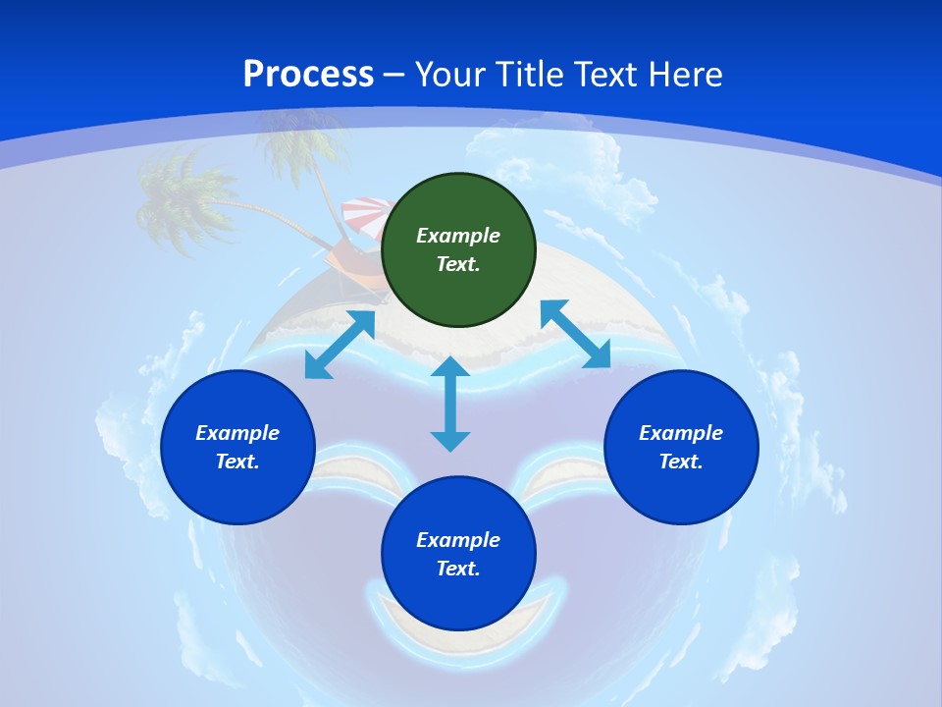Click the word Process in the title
click(308, 75)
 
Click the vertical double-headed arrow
click(450, 404)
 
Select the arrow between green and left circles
click(340, 345)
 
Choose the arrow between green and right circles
click(575, 334)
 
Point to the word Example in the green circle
click(458, 236)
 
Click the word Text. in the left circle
click(237, 462)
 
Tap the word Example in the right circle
click(681, 433)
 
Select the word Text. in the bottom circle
click(458, 569)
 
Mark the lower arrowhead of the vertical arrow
click(450, 441)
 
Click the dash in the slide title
click(394, 75)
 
